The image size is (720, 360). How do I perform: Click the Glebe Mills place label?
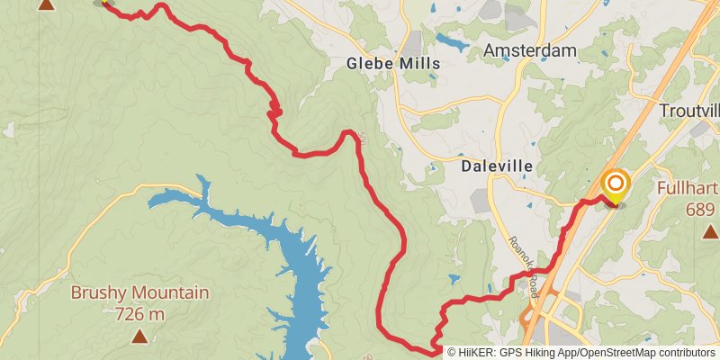tap(394, 64)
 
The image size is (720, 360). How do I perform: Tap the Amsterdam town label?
tap(529, 51)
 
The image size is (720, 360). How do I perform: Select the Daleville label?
tap(497, 166)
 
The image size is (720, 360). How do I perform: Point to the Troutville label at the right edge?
tap(690, 110)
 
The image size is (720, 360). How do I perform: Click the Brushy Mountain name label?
tap(139, 292)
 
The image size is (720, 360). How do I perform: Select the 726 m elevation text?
tap(139, 314)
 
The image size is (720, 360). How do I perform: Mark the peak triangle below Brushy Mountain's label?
tap(139, 337)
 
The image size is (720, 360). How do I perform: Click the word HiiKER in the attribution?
tap(478, 352)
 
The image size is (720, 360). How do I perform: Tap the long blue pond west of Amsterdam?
tap(453, 40)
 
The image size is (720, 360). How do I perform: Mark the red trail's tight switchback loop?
tap(274, 112)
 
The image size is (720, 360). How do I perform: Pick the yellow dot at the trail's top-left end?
tap(104, 2)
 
